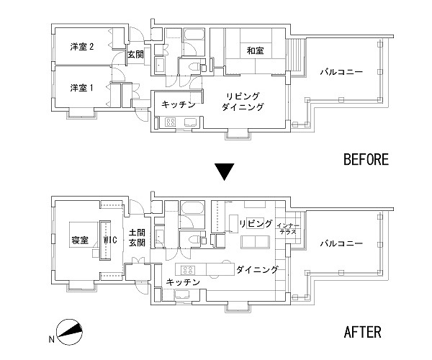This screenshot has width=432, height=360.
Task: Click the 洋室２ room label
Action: click(81, 46)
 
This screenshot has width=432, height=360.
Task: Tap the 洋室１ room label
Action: click(81, 87)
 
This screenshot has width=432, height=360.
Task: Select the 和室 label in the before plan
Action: click(254, 50)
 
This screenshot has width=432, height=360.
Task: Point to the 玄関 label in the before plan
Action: click(135, 54)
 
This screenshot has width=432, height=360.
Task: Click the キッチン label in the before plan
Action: click(178, 105)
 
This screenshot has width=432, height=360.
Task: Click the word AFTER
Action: click(362, 333)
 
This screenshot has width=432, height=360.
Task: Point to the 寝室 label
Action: click(79, 240)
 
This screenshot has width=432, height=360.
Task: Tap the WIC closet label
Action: click(110, 240)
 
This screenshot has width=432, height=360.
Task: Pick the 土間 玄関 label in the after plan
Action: click(137, 238)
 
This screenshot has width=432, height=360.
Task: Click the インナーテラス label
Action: click(287, 229)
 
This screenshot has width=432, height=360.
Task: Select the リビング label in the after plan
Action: click(257, 224)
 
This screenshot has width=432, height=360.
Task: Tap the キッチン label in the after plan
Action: click(182, 282)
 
